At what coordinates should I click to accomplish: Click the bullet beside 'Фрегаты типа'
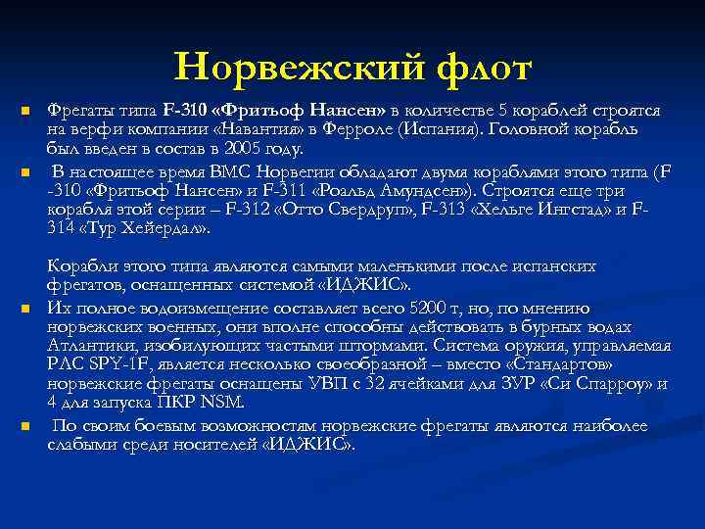(x=27, y=111)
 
